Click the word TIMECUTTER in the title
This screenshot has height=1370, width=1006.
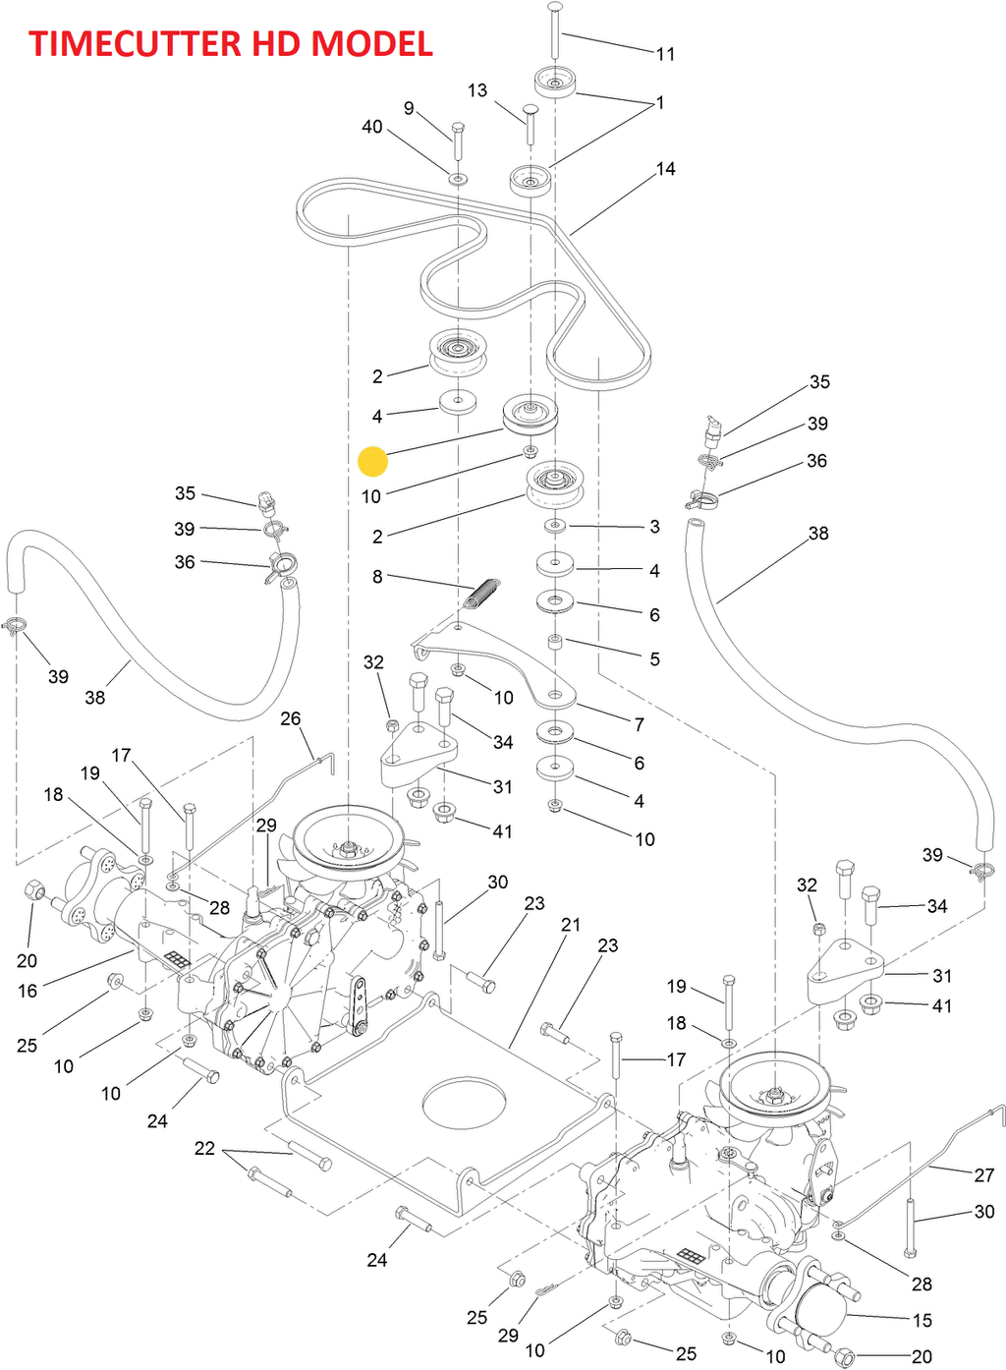click(136, 44)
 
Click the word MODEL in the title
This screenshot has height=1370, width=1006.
click(371, 44)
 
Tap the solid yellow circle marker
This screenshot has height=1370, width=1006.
click(373, 462)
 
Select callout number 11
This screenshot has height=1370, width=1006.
click(666, 54)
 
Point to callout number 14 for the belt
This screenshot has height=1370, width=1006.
click(666, 169)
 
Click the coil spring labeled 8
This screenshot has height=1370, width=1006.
click(482, 594)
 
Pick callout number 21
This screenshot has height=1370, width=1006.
click(571, 925)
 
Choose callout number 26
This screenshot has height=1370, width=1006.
click(291, 719)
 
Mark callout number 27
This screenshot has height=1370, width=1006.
click(984, 1175)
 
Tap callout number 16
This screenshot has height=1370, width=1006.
click(28, 992)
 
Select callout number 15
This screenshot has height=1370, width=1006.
click(922, 1321)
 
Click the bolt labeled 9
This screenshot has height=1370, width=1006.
click(458, 143)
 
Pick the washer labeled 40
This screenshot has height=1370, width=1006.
click(458, 180)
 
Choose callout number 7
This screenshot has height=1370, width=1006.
click(640, 725)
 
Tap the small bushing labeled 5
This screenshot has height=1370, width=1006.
click(555, 643)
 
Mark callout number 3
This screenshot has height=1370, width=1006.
click(655, 527)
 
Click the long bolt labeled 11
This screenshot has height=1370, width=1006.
click(555, 29)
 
